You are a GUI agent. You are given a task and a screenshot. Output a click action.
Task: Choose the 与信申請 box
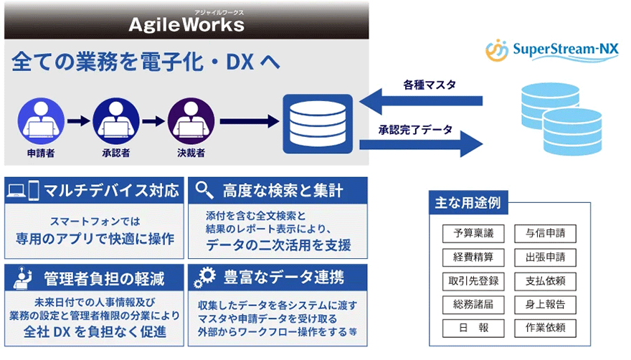[546, 234]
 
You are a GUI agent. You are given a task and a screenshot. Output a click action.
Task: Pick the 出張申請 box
[546, 257]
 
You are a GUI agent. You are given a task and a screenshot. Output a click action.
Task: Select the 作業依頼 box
[546, 328]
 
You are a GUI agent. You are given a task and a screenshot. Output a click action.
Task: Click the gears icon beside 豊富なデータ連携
[206, 277]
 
